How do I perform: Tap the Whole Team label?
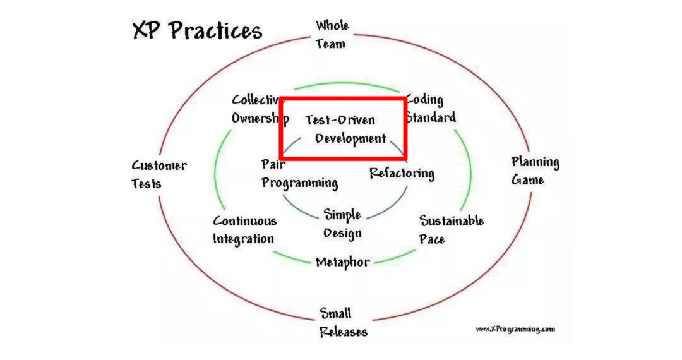(x=332, y=35)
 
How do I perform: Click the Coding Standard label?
(x=430, y=109)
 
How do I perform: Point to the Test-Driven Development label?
(x=344, y=129)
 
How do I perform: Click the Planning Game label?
(x=535, y=171)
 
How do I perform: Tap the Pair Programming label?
(x=299, y=174)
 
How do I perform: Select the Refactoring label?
(x=402, y=173)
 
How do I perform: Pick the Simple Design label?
(x=343, y=223)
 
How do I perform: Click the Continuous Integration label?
(x=244, y=230)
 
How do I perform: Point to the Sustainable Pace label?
(x=452, y=230)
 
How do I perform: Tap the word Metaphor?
(x=342, y=262)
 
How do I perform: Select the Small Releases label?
(x=343, y=322)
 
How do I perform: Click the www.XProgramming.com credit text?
(x=515, y=329)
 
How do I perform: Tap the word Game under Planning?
(x=527, y=180)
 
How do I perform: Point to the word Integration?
(x=243, y=239)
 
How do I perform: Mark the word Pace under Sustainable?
(x=432, y=239)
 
